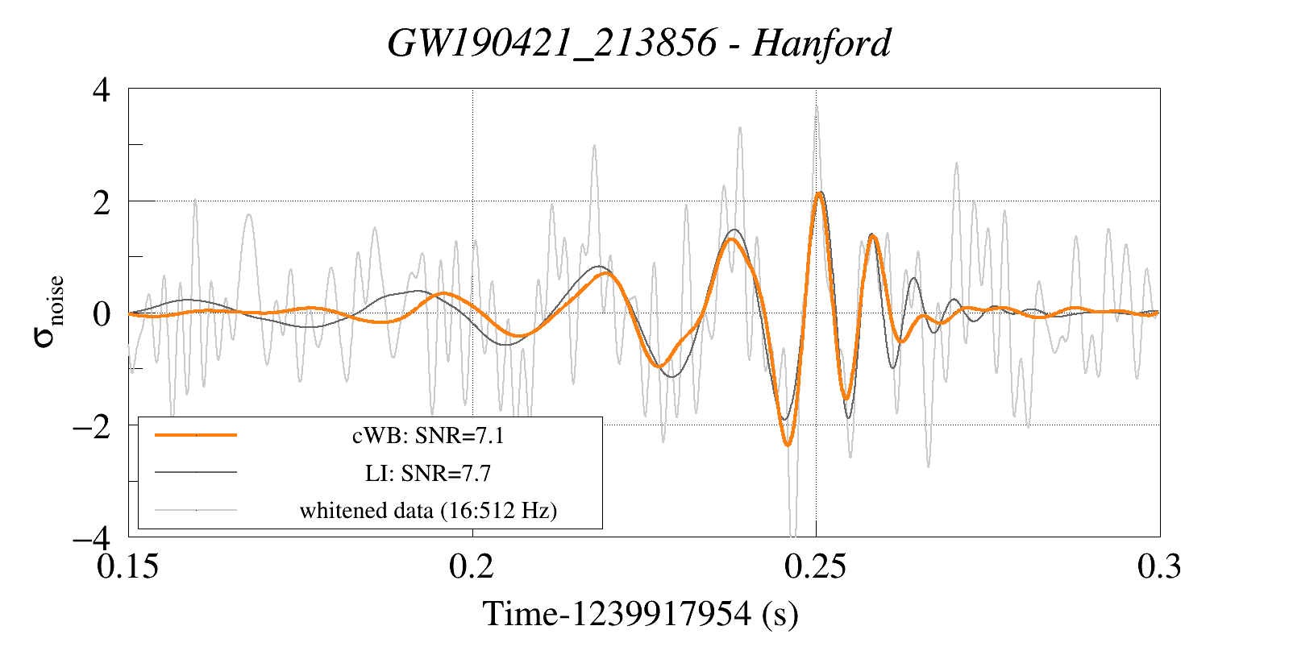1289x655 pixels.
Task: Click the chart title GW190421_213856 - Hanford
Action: pyautogui.click(x=639, y=43)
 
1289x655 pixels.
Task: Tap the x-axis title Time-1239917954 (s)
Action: pyautogui.click(x=640, y=615)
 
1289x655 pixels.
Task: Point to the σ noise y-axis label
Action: pyautogui.click(x=49, y=313)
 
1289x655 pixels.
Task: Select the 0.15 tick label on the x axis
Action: pyautogui.click(x=128, y=566)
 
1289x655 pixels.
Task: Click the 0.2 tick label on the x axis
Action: pyautogui.click(x=472, y=566)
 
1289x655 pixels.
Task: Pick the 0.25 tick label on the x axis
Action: pyautogui.click(x=815, y=566)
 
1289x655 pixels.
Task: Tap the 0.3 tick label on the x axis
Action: pyautogui.click(x=1158, y=566)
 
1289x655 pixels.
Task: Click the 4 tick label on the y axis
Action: pyautogui.click(x=101, y=89)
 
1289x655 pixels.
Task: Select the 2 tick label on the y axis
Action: pyautogui.click(x=101, y=202)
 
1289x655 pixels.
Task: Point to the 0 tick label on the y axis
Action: pyautogui.click(x=101, y=313)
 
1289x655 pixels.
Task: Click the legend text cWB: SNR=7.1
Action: pyautogui.click(x=428, y=436)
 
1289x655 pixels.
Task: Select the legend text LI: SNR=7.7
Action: pyautogui.click(x=428, y=473)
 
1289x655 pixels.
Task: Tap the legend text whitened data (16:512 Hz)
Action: pyautogui.click(x=428, y=510)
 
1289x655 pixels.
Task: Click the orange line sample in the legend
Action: pyautogui.click(x=196, y=435)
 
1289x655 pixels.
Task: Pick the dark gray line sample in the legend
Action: pyautogui.click(x=196, y=472)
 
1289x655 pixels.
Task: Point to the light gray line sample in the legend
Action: pyautogui.click(x=196, y=509)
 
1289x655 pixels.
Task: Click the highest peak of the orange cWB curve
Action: pyautogui.click(x=819, y=193)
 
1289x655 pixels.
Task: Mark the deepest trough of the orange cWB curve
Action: pyautogui.click(x=788, y=444)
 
